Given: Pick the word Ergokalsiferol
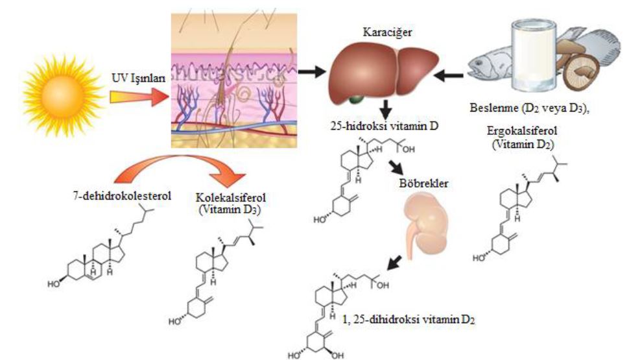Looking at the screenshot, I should [x=523, y=130].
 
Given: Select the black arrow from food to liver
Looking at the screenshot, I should [x=448, y=75].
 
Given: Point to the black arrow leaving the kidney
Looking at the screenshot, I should [x=394, y=262].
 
